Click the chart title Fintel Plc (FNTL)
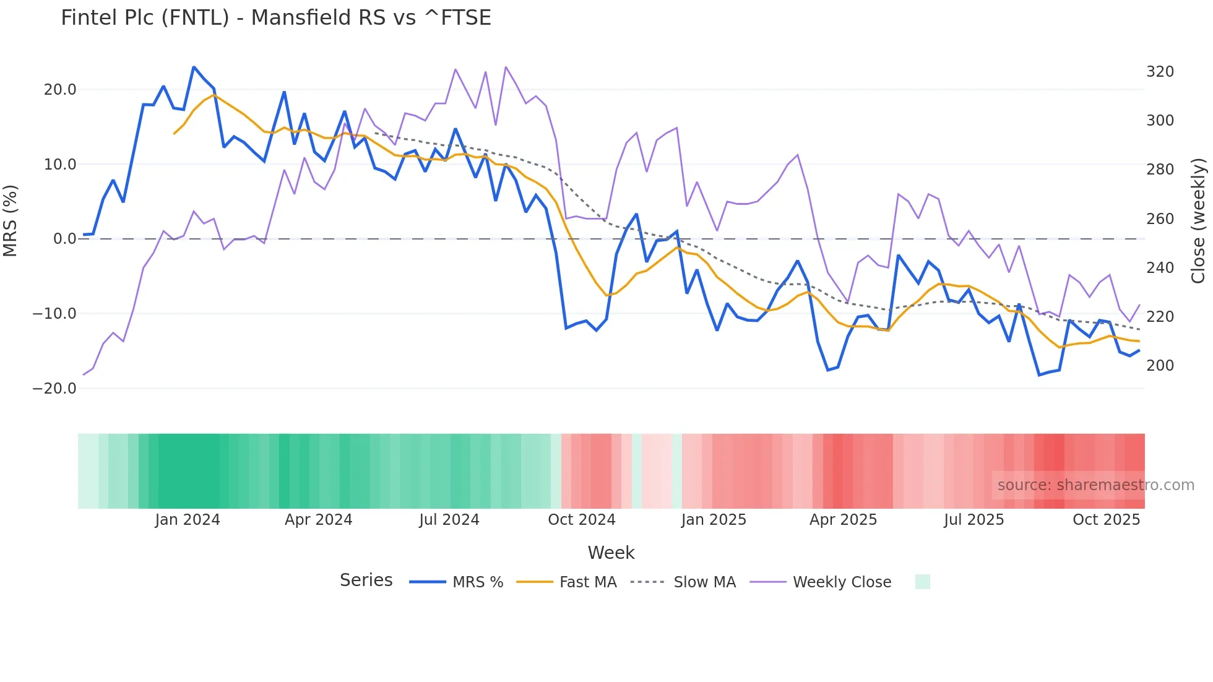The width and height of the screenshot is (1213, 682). pyautogui.click(x=275, y=18)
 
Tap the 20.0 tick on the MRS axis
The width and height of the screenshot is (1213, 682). pyautogui.click(x=60, y=90)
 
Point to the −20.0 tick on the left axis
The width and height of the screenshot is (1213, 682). pyautogui.click(x=54, y=389)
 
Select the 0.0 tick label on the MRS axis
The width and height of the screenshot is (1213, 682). pyautogui.click(x=65, y=239)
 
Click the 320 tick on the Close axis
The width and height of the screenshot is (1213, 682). pyautogui.click(x=1160, y=72)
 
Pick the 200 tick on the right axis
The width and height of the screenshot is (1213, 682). pyautogui.click(x=1160, y=366)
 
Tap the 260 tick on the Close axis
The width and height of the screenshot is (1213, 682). pyautogui.click(x=1160, y=219)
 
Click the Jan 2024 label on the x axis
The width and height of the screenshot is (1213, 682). pyautogui.click(x=188, y=520)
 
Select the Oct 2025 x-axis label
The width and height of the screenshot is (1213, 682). pyautogui.click(x=1106, y=520)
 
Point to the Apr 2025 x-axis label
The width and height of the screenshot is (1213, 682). pyautogui.click(x=843, y=520)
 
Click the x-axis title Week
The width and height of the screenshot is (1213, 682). pyautogui.click(x=611, y=553)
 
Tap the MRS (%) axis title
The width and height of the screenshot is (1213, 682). pyautogui.click(x=11, y=220)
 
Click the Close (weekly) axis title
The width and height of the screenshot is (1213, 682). pyautogui.click(x=1198, y=220)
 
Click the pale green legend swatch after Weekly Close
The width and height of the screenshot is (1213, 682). pyautogui.click(x=922, y=582)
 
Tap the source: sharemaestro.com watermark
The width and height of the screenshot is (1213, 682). pyautogui.click(x=1095, y=485)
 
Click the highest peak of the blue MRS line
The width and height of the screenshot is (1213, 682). pyautogui.click(x=194, y=67)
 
